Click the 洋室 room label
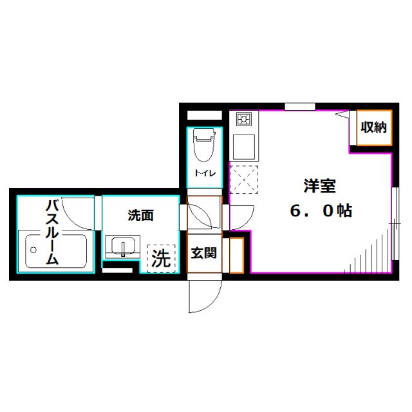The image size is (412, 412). pos(320,187)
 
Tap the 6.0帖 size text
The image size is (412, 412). pos(320,211)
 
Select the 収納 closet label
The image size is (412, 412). pos(372,127)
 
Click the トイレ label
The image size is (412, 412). pos(205,173)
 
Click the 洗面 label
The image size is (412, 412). pos(140,216)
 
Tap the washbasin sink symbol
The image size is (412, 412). pos(122,246)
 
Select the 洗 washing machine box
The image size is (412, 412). pos(160,257)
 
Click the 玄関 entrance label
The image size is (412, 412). pos(203,253)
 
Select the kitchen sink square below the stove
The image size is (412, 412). pos(244,147)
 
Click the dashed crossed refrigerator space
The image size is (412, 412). pos(244,178)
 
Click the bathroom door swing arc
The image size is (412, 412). pos(81,212)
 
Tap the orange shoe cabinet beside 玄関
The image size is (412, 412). pos(236,255)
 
